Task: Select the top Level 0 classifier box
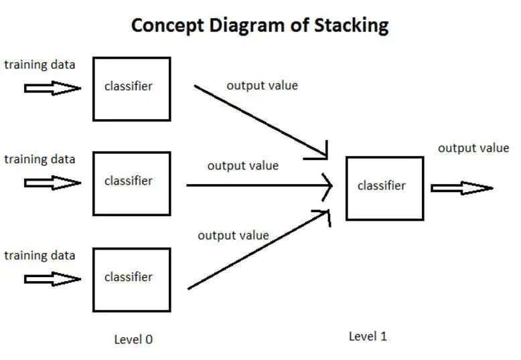pos(131,88)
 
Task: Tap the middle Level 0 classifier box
pos(131,183)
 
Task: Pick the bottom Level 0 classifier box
pos(131,279)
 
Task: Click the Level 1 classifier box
pos(384,188)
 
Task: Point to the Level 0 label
pos(133,339)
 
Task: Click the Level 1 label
pos(368,337)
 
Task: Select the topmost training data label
pos(40,65)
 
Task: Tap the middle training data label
pos(40,159)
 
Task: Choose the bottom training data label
pos(40,256)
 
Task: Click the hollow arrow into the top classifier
pos(52,88)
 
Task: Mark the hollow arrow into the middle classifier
pos(52,183)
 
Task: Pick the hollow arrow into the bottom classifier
pos(52,279)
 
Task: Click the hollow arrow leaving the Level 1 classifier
pos(461,188)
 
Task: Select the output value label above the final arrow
pos(473,148)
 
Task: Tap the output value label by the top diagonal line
pos(262,86)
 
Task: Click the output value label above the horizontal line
pos(242,165)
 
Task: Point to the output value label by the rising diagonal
pos(233,236)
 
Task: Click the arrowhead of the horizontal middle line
pos(327,185)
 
